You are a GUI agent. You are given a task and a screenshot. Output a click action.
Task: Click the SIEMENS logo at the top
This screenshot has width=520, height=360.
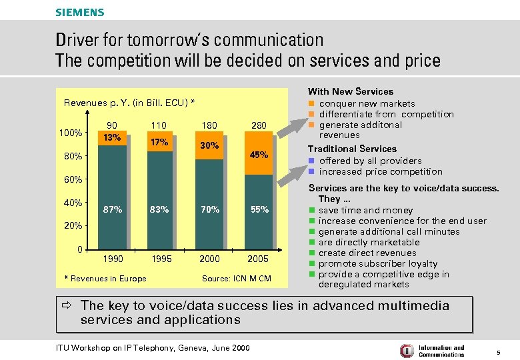(x=79, y=12)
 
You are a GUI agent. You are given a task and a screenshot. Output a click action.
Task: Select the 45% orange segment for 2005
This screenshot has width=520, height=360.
(x=259, y=155)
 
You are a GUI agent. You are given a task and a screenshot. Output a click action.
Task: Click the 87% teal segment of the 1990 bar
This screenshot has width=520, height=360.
(x=113, y=209)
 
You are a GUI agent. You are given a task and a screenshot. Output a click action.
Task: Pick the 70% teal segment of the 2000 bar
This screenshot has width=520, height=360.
(x=210, y=209)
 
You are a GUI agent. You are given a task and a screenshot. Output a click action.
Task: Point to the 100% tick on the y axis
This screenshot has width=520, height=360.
(x=71, y=133)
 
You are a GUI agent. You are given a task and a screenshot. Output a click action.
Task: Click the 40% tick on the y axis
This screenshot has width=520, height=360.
(x=73, y=203)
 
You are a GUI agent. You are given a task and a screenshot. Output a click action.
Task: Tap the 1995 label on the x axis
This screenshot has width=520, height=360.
(x=161, y=259)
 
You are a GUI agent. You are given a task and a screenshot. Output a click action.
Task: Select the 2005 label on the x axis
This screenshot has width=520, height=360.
(x=259, y=259)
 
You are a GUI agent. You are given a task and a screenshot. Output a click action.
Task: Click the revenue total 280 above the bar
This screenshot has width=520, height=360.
(x=259, y=125)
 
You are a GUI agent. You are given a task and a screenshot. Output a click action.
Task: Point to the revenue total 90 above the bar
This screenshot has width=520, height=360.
(x=113, y=125)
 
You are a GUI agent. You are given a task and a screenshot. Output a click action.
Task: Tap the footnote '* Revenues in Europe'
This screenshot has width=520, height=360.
(x=105, y=278)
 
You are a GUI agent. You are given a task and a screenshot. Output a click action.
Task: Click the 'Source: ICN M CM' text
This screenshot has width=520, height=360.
(x=236, y=278)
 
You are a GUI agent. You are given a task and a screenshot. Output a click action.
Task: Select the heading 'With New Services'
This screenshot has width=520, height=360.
(x=350, y=91)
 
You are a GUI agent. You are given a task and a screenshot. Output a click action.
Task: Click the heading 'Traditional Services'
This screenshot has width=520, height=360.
(x=351, y=149)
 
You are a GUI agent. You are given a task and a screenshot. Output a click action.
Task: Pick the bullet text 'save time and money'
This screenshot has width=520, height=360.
(x=365, y=210)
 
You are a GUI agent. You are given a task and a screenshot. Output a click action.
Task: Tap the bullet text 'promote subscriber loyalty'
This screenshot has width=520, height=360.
(x=378, y=263)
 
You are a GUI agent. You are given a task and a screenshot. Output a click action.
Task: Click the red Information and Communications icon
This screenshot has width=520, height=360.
(x=406, y=351)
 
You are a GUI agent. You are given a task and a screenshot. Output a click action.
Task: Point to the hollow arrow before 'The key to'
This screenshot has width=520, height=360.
(x=69, y=306)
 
